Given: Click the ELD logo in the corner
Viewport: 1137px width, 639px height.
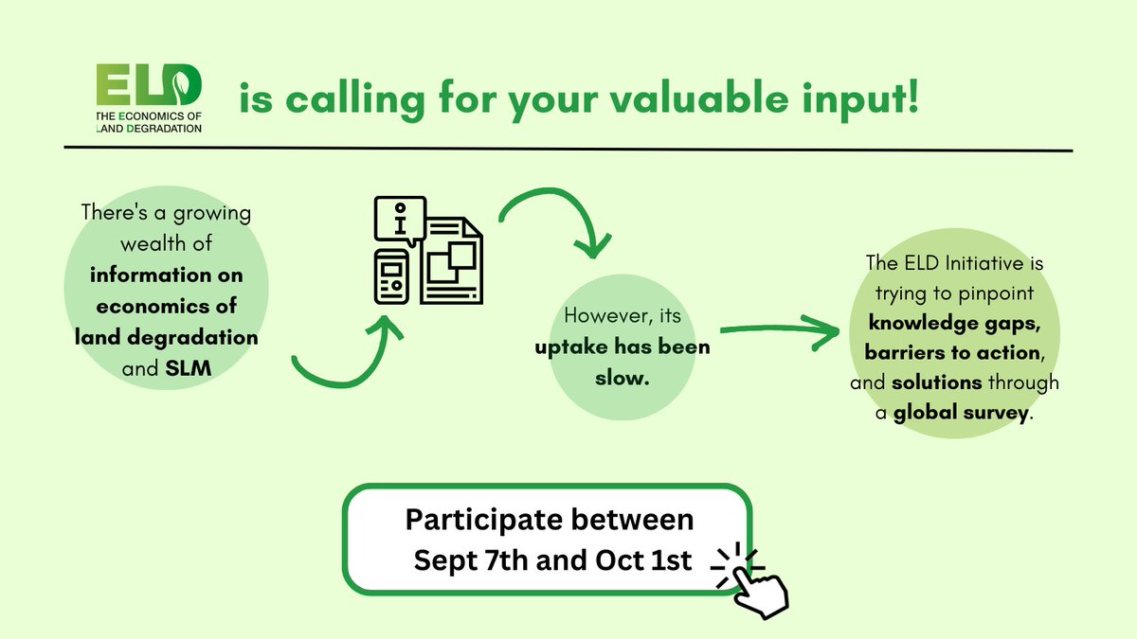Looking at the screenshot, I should [x=149, y=98].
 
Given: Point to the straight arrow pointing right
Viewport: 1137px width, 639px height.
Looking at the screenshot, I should [x=782, y=330].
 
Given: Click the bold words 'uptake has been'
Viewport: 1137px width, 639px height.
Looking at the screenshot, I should [x=622, y=346].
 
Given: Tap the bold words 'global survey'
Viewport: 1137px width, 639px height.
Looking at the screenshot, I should [x=961, y=414].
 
